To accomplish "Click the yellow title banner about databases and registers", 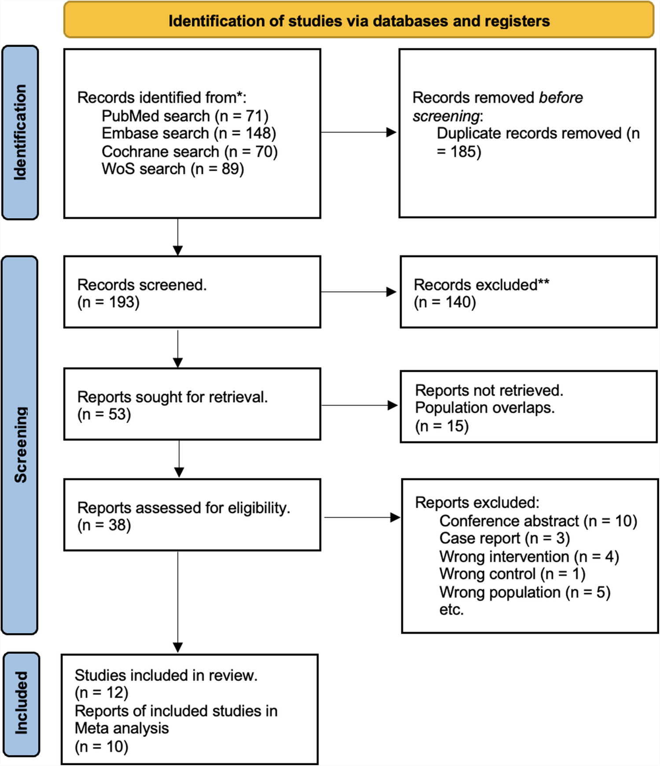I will (359, 21).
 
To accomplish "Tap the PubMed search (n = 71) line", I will (185, 116).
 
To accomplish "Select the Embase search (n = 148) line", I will (188, 133).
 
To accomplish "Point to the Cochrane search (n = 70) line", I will (189, 151).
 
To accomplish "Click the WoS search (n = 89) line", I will (172, 169).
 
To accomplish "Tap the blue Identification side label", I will (20, 132).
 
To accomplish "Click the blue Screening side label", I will (20, 444).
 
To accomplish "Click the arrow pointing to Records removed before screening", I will (359, 132).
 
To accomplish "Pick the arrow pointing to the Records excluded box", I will (359, 292).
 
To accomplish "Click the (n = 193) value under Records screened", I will (108, 302).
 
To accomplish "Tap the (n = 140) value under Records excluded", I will (444, 302).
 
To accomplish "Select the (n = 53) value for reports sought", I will (104, 414).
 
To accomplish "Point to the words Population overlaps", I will (484, 408).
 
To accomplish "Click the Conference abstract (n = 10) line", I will (538, 521).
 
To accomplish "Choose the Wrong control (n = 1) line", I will (512, 574).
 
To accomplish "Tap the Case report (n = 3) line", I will (504, 539).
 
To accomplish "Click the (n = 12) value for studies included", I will (101, 693).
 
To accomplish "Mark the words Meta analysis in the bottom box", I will (121, 728).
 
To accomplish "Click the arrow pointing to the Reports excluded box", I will (362, 517).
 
